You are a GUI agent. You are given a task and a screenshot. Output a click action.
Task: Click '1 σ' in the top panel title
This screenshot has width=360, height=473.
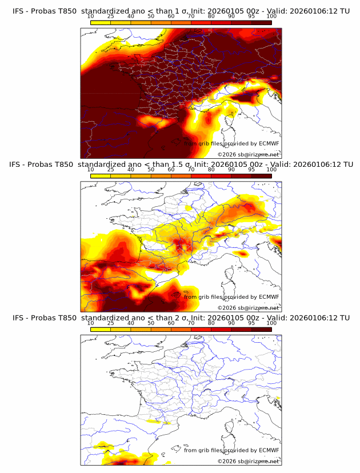coord(182,10)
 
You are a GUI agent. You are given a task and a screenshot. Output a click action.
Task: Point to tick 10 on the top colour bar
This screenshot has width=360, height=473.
coord(91,16)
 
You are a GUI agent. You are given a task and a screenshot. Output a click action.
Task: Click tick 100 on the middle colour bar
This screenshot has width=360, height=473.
coord(271,170)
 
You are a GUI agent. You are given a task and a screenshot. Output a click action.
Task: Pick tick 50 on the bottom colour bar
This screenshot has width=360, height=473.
coord(151,323)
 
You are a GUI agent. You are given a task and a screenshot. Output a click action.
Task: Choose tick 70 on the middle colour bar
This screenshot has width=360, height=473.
coord(191,170)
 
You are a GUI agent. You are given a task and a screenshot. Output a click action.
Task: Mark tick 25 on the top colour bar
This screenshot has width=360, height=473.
coord(111,16)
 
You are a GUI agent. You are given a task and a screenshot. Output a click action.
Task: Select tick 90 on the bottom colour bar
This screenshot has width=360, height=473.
coord(231,323)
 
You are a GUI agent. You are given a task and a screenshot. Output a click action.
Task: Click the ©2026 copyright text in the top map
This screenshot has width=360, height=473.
coord(248,155)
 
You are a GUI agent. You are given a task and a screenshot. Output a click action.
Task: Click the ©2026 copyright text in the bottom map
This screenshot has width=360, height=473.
coord(248,461)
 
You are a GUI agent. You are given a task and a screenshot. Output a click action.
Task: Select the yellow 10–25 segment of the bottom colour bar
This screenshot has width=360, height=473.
coord(101,330)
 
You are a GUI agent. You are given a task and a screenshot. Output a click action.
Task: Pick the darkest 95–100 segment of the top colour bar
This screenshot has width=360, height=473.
coord(261,22)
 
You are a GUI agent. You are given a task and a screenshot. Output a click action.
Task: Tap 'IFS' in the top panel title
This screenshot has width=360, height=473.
coord(19,10)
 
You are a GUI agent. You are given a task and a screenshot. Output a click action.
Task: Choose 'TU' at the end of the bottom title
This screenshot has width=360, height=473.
coord(345,318)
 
